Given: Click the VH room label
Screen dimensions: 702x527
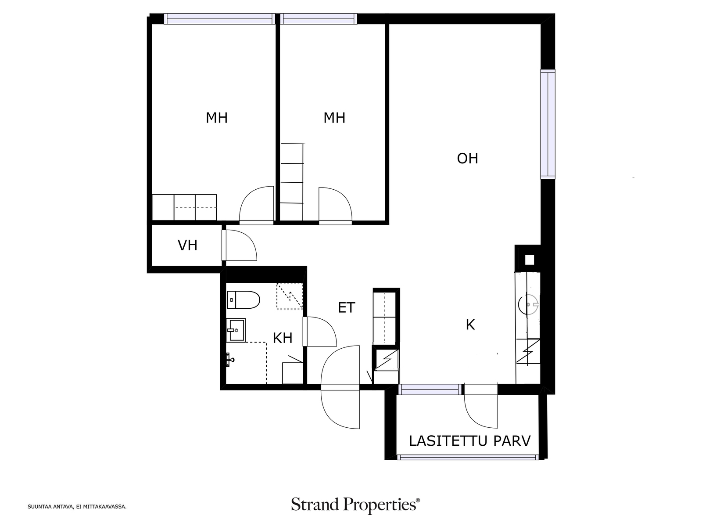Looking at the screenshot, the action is point(187,245).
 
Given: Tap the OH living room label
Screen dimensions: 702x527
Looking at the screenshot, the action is point(467,159).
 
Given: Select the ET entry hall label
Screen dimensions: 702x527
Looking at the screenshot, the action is point(346,307).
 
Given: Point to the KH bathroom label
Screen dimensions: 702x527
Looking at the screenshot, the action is point(283,338).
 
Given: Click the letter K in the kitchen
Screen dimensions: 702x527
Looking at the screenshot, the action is point(470,325).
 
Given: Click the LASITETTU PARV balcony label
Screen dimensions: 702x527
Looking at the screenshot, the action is point(469,441).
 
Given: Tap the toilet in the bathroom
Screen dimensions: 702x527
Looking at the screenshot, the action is point(243,300).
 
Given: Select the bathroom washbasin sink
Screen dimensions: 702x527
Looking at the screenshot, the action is point(236,330).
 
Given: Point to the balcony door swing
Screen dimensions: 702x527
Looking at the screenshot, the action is point(481,411).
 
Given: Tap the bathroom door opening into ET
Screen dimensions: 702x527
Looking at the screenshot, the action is point(319,332).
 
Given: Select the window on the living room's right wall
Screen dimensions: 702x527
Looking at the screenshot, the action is point(548,124).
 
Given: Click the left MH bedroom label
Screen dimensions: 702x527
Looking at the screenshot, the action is point(216,118).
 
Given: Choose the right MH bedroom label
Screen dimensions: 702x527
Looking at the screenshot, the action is point(334,118).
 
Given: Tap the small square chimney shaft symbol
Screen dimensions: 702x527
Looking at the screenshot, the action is point(529,260).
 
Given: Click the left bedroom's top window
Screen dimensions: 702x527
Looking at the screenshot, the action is point(219,18).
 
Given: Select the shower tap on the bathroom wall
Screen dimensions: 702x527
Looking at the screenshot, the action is point(229,360).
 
